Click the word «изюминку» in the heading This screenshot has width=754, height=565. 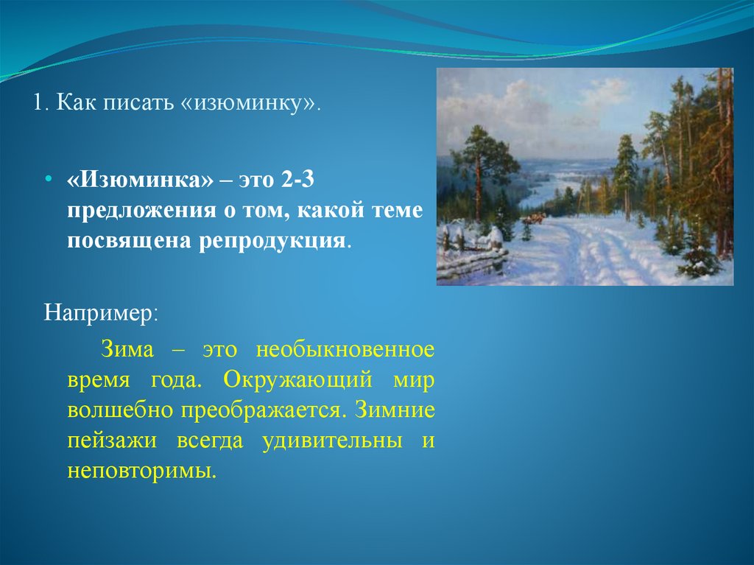pos(250,102)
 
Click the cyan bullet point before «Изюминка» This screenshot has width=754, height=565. pos(48,179)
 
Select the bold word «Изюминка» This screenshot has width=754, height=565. pos(140,180)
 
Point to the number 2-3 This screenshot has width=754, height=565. pos(297,180)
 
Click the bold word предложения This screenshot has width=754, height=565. pos(141,211)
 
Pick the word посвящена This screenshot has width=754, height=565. pos(129,241)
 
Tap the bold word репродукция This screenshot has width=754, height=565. pos(272,241)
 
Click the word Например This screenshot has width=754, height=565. pos(99,313)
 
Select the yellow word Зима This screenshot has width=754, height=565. pos(127,349)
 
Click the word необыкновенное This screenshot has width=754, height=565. pos(345,350)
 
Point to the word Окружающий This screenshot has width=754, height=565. pos(297,380)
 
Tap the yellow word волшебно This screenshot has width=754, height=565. pos(120,410)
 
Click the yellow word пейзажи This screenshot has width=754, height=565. pos(112,441)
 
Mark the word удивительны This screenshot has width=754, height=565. pos(332,441)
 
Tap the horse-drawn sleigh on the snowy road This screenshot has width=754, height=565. pos(535,218)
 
